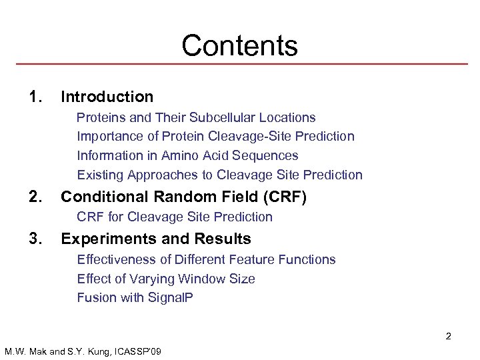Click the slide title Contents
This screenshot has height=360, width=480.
coord(239,45)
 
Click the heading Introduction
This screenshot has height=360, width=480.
coord(107,97)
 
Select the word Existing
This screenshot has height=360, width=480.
coord(101,175)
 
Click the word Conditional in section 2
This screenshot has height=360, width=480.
coord(107,197)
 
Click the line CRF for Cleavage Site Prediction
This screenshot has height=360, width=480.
coord(175,217)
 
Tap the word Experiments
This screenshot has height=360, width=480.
coord(109,239)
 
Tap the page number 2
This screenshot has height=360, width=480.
coord(448,336)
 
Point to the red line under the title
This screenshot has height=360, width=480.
coord(239,64)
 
